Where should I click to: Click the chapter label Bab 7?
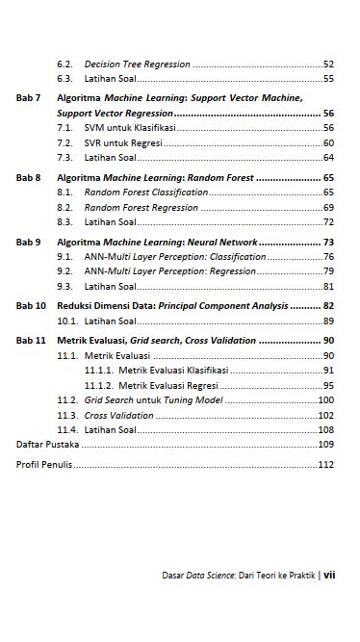tap(29, 98)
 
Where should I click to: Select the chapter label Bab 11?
tap(31, 341)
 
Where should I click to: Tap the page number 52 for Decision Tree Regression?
tap(328, 64)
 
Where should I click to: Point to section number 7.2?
tap(64, 142)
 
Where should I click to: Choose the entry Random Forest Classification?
tap(145, 193)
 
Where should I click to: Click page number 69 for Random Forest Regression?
tap(328, 207)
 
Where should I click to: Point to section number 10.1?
tap(67, 321)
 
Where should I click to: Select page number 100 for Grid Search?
tap(325, 399)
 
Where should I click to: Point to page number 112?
tap(325, 465)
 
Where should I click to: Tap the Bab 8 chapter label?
tap(29, 178)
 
